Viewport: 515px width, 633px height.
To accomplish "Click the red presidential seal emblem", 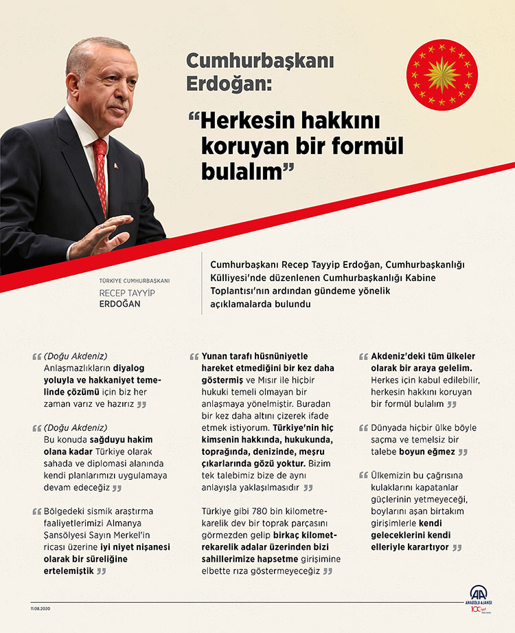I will pos(442,74).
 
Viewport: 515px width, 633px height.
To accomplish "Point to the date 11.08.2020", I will pos(41,608).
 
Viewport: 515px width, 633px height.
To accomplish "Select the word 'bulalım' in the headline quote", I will pos(241,172).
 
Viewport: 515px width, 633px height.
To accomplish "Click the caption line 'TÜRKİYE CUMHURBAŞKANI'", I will pos(135,280).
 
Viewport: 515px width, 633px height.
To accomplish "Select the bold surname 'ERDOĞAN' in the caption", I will pos(119,303).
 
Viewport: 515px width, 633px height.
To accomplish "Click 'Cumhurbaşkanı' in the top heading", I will pos(260,60).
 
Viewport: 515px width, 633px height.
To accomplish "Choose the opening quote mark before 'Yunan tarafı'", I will pos(194,357).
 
